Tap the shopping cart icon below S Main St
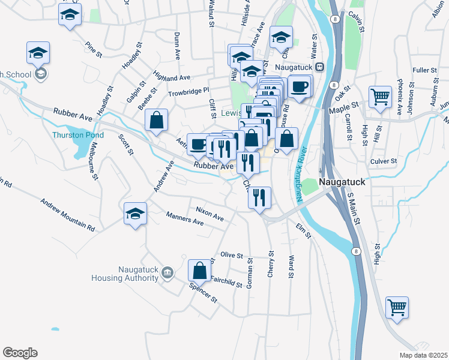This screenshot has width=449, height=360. coord(397,308)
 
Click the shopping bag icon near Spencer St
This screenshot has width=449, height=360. coord(199,271)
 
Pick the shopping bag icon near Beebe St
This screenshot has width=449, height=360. coord(156,120)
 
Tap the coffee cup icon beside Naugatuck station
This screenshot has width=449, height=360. coord(300,86)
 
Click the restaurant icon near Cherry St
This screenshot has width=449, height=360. coord(259,197)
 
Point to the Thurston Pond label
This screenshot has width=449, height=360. coord(78,135)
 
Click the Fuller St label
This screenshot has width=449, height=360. coord(425,70)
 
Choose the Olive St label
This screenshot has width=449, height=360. coord(232,255)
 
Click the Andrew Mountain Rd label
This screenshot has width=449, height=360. coord(68,215)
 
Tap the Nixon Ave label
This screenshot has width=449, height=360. coord(209,210)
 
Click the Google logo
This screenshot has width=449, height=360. coord(20,353)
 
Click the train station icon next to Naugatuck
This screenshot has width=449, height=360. coord(320,67)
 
